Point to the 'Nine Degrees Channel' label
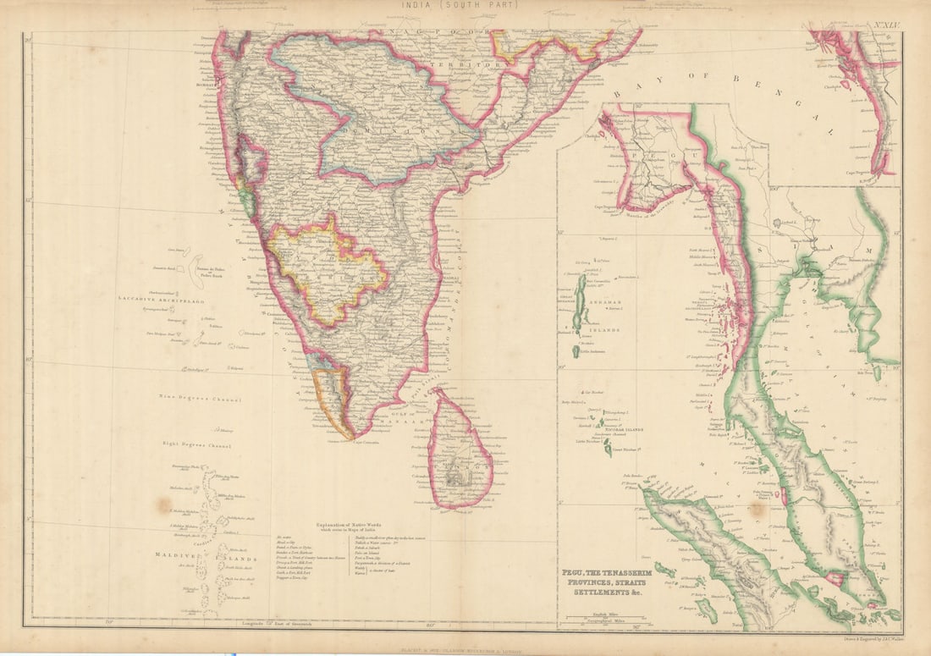(x=200, y=399)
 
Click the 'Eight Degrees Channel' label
(x=196, y=444)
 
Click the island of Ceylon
(x=460, y=453)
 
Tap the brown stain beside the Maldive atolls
(x=163, y=505)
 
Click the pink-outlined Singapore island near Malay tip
(x=834, y=578)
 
